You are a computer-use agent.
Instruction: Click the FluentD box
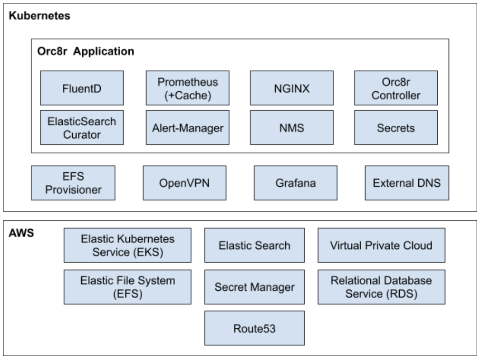click(82, 88)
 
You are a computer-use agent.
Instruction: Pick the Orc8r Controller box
click(396, 88)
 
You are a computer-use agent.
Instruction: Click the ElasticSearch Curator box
click(82, 127)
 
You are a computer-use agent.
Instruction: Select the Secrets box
click(396, 127)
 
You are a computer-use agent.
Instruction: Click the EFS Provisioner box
click(73, 183)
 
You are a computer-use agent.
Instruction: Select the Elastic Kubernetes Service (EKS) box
click(127, 245)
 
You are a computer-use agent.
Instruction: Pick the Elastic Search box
click(254, 245)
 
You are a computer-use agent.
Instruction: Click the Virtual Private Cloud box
click(381, 245)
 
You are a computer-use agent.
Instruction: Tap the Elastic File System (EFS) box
click(127, 287)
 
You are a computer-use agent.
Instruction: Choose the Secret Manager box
click(254, 287)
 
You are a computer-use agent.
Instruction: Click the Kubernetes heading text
click(39, 16)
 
